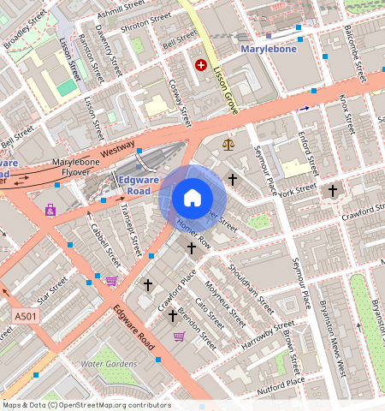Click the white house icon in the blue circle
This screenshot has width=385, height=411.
192,198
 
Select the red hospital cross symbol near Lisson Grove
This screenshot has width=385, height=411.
202,64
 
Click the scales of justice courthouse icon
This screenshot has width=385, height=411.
228,144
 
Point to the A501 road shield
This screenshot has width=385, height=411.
25,317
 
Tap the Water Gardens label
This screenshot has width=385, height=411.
108,364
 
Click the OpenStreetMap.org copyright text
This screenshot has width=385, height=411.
86,405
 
